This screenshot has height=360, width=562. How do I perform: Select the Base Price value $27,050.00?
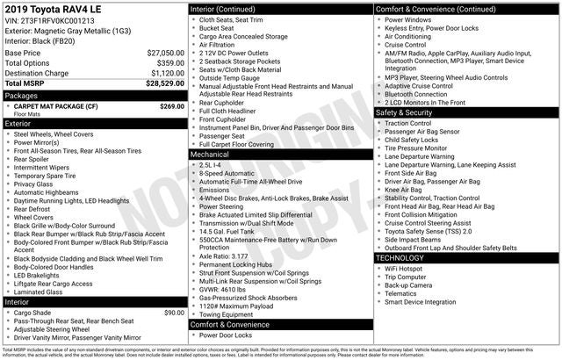click(x=164, y=53)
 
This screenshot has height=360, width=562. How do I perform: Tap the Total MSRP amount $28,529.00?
click(x=164, y=83)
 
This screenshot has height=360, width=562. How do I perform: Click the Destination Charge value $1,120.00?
click(x=166, y=73)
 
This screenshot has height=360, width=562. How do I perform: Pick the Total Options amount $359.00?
click(x=170, y=63)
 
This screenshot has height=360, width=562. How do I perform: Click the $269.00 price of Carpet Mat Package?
click(x=171, y=105)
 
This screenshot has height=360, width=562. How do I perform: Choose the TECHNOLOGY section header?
click(x=403, y=258)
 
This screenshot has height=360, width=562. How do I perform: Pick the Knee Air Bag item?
click(x=403, y=189)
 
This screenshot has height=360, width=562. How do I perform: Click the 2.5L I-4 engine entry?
click(x=212, y=164)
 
